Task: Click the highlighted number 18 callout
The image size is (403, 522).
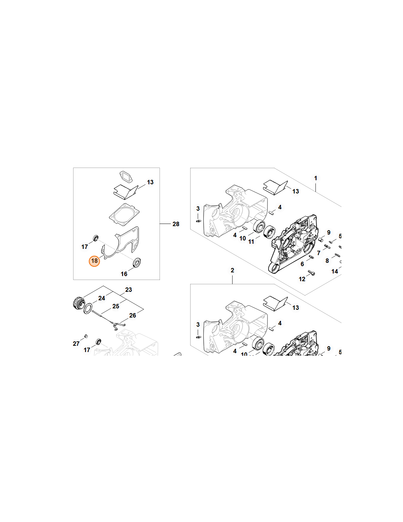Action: (x=94, y=261)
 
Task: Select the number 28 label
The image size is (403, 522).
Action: (x=176, y=224)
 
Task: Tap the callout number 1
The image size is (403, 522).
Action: (x=315, y=178)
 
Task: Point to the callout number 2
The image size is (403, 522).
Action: (x=232, y=270)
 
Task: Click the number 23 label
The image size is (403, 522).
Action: (x=129, y=290)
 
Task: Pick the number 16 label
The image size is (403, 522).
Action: (x=124, y=274)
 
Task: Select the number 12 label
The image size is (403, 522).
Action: (x=302, y=279)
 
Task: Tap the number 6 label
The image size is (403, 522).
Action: (x=302, y=264)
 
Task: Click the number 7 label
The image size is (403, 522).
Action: (x=319, y=253)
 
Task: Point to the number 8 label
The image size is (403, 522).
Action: (x=327, y=261)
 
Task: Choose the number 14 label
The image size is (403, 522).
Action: (x=334, y=271)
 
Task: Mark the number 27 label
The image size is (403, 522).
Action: (x=76, y=344)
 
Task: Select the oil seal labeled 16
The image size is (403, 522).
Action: (x=137, y=262)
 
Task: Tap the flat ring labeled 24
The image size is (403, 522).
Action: (x=88, y=308)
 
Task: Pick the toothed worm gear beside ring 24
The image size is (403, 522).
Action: (x=78, y=303)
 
